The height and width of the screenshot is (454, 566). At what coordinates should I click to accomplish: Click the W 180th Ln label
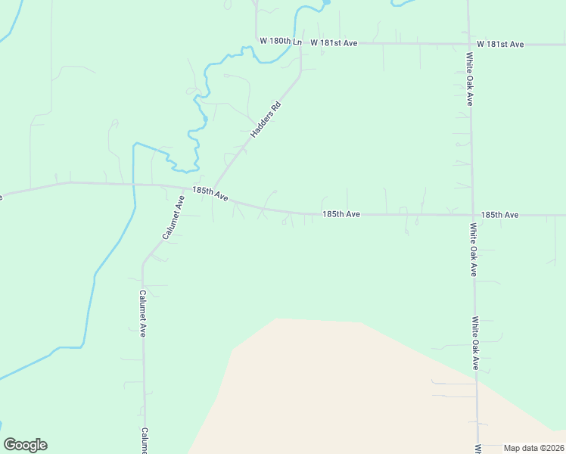[x=280, y=41]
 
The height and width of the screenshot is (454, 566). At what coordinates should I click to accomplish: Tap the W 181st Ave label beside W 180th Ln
[x=333, y=43]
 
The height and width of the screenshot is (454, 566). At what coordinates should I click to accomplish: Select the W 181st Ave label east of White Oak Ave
[x=500, y=45]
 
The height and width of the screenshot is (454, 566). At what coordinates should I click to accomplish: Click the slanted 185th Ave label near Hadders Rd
[x=210, y=194]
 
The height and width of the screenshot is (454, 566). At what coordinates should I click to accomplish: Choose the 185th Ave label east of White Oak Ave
[x=499, y=215]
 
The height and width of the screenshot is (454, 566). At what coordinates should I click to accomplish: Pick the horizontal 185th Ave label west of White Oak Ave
[x=341, y=215]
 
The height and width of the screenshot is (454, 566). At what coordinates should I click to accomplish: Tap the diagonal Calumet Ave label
[x=173, y=218]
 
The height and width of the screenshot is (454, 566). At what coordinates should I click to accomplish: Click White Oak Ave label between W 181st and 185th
[x=470, y=78]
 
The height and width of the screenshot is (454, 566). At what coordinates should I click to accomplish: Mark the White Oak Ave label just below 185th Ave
[x=473, y=249]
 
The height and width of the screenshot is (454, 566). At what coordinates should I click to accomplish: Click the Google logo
[x=25, y=445]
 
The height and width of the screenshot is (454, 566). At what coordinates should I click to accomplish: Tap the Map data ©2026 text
[x=533, y=447]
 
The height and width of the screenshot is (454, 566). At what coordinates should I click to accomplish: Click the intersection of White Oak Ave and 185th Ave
[x=473, y=215]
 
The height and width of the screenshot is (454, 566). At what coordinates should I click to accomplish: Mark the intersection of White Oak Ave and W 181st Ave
[x=468, y=44]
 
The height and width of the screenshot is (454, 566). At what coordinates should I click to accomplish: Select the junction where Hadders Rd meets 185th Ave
[x=213, y=189]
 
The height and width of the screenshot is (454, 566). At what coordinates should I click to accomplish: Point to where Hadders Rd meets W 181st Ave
[x=302, y=43]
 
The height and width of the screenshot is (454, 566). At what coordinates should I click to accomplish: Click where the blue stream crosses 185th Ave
[x=134, y=184]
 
